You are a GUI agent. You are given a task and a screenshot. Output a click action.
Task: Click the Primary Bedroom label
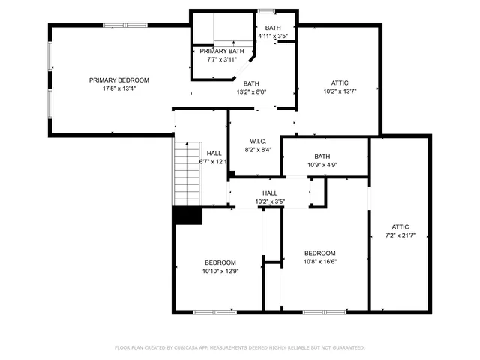(118, 80)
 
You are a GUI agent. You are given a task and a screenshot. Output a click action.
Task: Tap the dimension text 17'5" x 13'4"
(118, 88)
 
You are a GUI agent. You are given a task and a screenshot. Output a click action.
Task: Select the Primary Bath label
(221, 51)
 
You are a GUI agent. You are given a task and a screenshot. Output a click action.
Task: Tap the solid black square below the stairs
(187, 215)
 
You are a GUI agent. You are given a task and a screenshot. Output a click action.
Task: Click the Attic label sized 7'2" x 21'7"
(400, 226)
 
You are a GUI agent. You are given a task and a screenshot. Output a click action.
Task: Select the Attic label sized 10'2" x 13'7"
(340, 82)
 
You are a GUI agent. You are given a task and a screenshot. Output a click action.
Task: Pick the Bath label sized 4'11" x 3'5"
(273, 28)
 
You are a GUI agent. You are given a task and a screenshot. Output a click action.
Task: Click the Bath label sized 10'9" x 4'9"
(322, 157)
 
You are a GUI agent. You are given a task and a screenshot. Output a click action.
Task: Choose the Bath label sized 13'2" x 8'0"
(251, 84)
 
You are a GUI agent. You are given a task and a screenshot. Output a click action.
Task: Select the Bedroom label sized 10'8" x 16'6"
(319, 253)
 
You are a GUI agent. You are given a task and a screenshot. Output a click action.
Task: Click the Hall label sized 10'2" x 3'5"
(270, 193)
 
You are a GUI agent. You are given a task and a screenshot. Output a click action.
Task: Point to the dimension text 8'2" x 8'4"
(258, 150)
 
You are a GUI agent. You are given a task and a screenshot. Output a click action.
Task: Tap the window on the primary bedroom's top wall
(113, 25)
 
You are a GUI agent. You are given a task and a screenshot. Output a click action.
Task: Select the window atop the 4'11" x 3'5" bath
(266, 10)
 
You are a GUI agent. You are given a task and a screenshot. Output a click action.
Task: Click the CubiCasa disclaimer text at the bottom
(240, 348)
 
